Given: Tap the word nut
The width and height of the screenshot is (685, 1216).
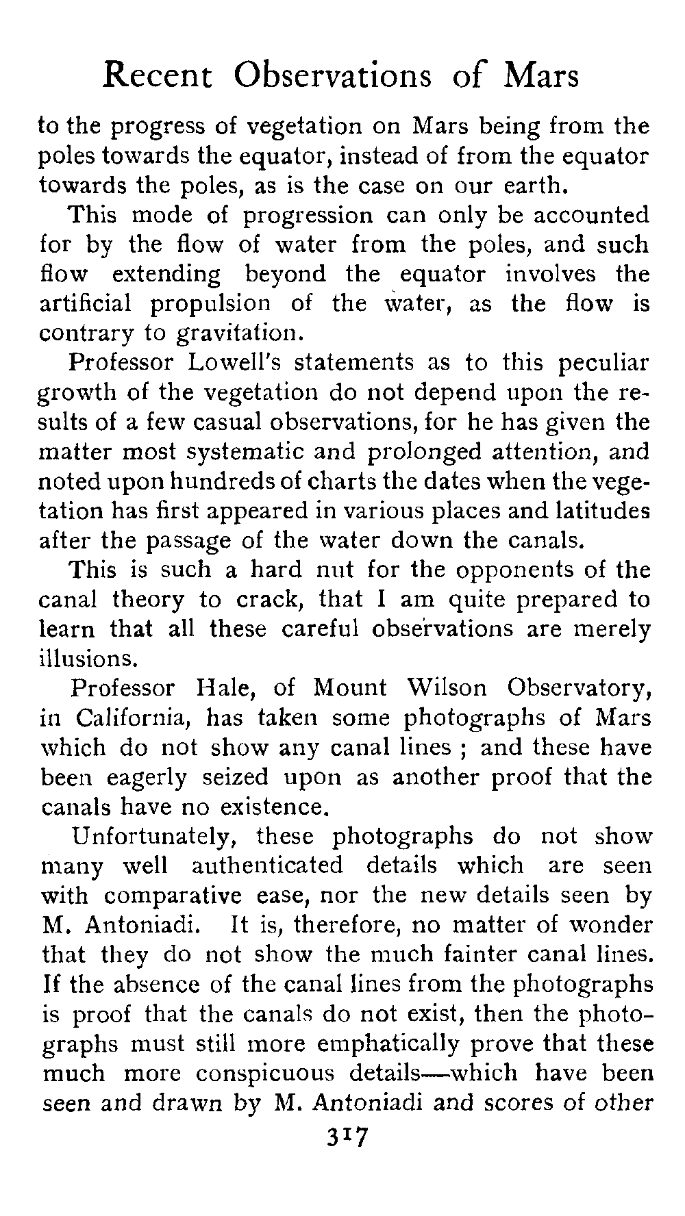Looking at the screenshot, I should [x=332, y=570].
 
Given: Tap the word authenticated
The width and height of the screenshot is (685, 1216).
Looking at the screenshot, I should [x=267, y=866].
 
